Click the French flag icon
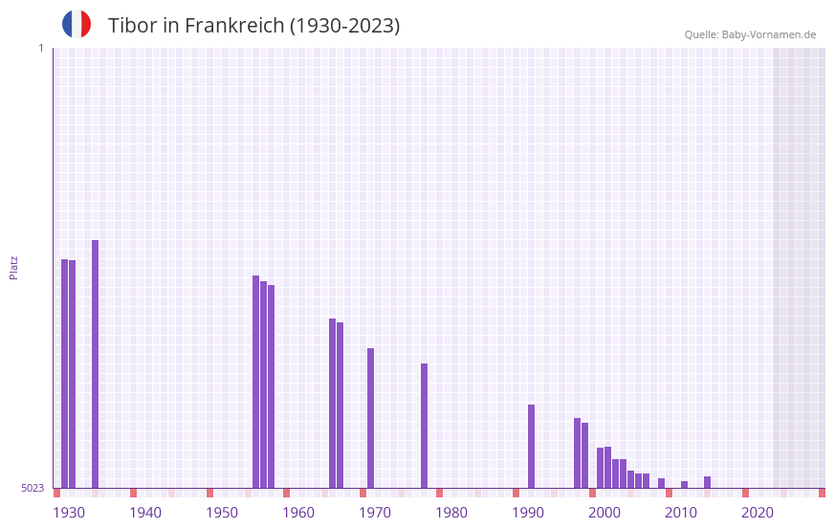[x=77, y=24]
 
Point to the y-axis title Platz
[x=13, y=267]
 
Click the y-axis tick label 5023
[x=33, y=488]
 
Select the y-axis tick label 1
[x=40, y=48]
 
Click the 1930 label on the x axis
[x=69, y=513]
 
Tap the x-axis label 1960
[x=298, y=513]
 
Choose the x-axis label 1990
[x=528, y=513]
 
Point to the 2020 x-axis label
[x=758, y=513]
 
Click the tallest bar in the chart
[x=96, y=363]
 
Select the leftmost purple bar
[x=64, y=373]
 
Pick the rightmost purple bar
[x=708, y=482]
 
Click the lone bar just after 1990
[x=532, y=446]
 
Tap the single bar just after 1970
[x=371, y=418]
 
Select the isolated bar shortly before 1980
[x=425, y=426]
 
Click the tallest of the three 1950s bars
[x=256, y=382]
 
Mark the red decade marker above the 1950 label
[x=210, y=493]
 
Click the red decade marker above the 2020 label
[x=746, y=493]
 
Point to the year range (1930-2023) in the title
[x=345, y=26]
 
